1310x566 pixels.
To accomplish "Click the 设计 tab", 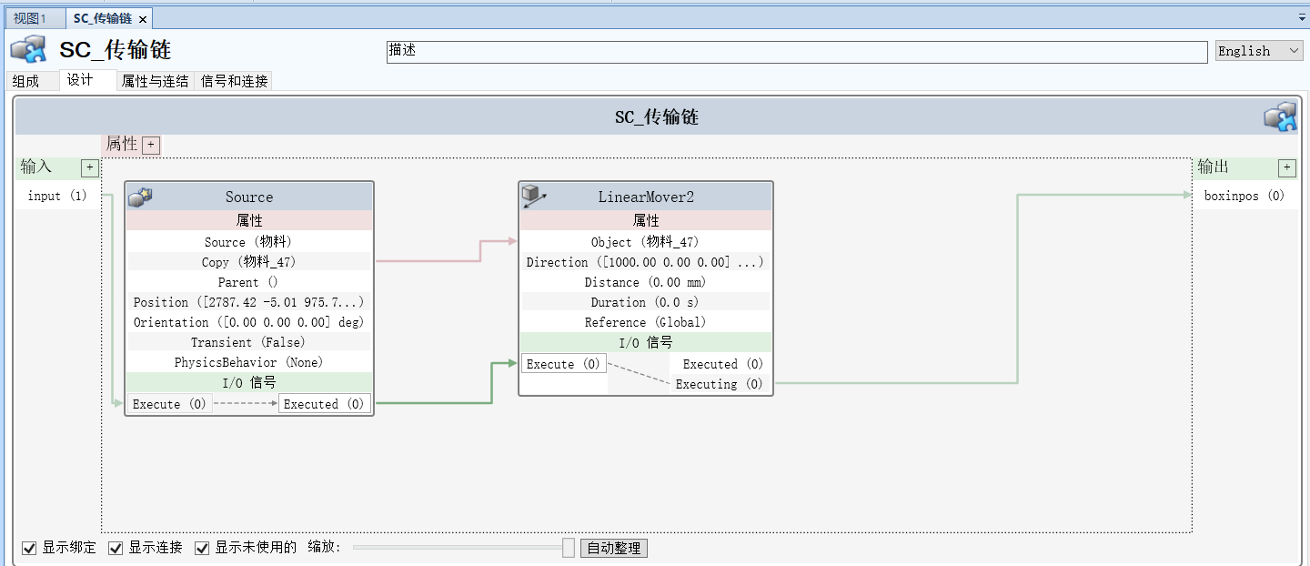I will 80,80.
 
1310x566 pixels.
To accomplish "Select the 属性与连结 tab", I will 155,81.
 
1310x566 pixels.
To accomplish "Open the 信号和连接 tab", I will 234,81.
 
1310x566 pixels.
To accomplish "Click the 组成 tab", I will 25,81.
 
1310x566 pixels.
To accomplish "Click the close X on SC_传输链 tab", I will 143,18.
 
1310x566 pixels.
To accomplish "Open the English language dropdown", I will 1259,51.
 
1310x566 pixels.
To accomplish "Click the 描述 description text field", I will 796,52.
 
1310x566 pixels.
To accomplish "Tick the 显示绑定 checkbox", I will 30,548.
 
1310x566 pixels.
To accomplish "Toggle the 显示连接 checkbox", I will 116,548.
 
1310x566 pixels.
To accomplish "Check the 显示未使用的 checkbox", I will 203,548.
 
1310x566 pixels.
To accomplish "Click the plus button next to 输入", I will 89,167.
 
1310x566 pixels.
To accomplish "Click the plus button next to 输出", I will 1286,167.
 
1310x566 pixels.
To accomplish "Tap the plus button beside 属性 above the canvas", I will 151,145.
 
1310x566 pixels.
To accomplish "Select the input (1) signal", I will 56,196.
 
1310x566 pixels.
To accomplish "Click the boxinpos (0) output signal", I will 1244,196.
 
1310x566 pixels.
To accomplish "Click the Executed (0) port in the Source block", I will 324,404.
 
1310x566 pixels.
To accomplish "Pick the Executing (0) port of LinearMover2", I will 719,384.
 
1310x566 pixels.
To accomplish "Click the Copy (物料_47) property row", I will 249,262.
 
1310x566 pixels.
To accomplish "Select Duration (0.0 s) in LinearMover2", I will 645,302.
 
